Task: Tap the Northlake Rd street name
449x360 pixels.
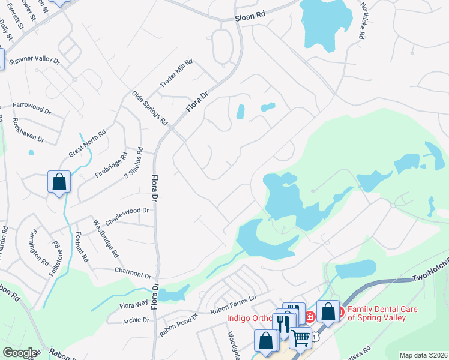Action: point(362,23)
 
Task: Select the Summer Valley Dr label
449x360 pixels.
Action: point(35,60)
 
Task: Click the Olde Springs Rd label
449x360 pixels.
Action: point(150,109)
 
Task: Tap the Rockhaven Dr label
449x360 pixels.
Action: point(29,130)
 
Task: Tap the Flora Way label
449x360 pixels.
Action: point(134,304)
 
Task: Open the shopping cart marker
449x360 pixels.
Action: point(300,337)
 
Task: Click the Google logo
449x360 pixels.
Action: point(19,353)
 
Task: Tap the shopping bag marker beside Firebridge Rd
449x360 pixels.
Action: point(59,181)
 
